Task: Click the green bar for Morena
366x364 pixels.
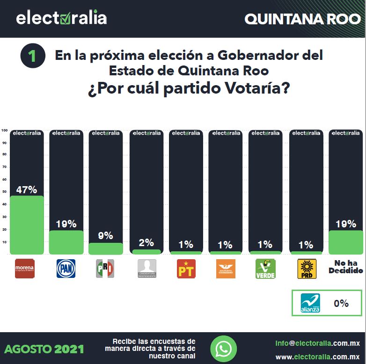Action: tap(27, 225)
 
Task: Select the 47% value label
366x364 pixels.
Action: tap(27, 190)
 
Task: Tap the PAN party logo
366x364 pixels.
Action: tap(66, 269)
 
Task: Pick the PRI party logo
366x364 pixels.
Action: tap(105, 269)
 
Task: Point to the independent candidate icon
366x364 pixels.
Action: tap(146, 269)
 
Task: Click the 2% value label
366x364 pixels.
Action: tap(146, 243)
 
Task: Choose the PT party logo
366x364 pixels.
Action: tap(186, 269)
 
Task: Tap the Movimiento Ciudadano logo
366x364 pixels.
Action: tap(226, 269)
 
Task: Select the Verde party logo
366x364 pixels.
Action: tap(265, 269)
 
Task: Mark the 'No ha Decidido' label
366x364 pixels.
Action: tap(345, 267)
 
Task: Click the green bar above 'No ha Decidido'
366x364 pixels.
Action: tap(345, 242)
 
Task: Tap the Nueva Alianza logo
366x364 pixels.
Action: tap(310, 303)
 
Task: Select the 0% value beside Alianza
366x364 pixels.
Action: tap(341, 303)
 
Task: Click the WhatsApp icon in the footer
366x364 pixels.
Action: tap(223, 349)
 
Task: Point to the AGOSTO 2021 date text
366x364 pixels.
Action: tap(44, 349)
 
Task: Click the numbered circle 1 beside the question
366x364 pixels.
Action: tap(33, 56)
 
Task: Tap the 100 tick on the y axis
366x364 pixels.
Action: tap(4, 131)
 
